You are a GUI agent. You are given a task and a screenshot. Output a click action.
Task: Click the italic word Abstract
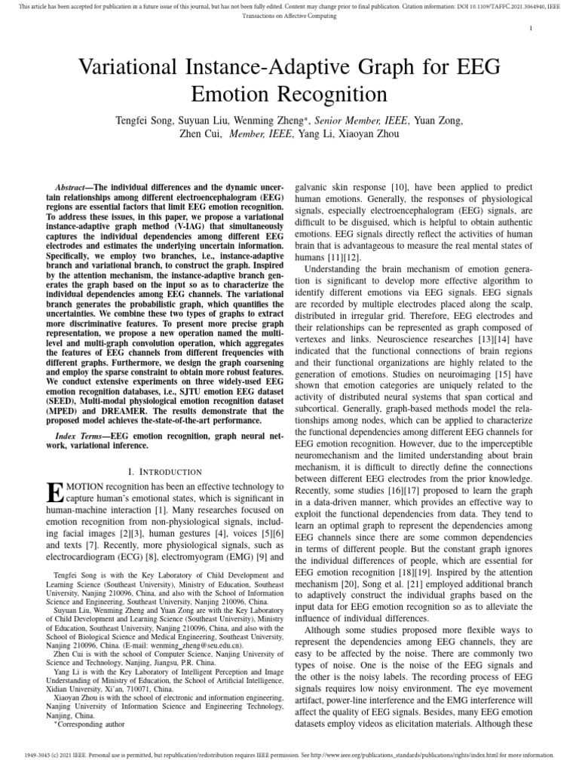point(73,186)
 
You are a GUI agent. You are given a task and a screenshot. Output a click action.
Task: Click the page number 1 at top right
point(532,29)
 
